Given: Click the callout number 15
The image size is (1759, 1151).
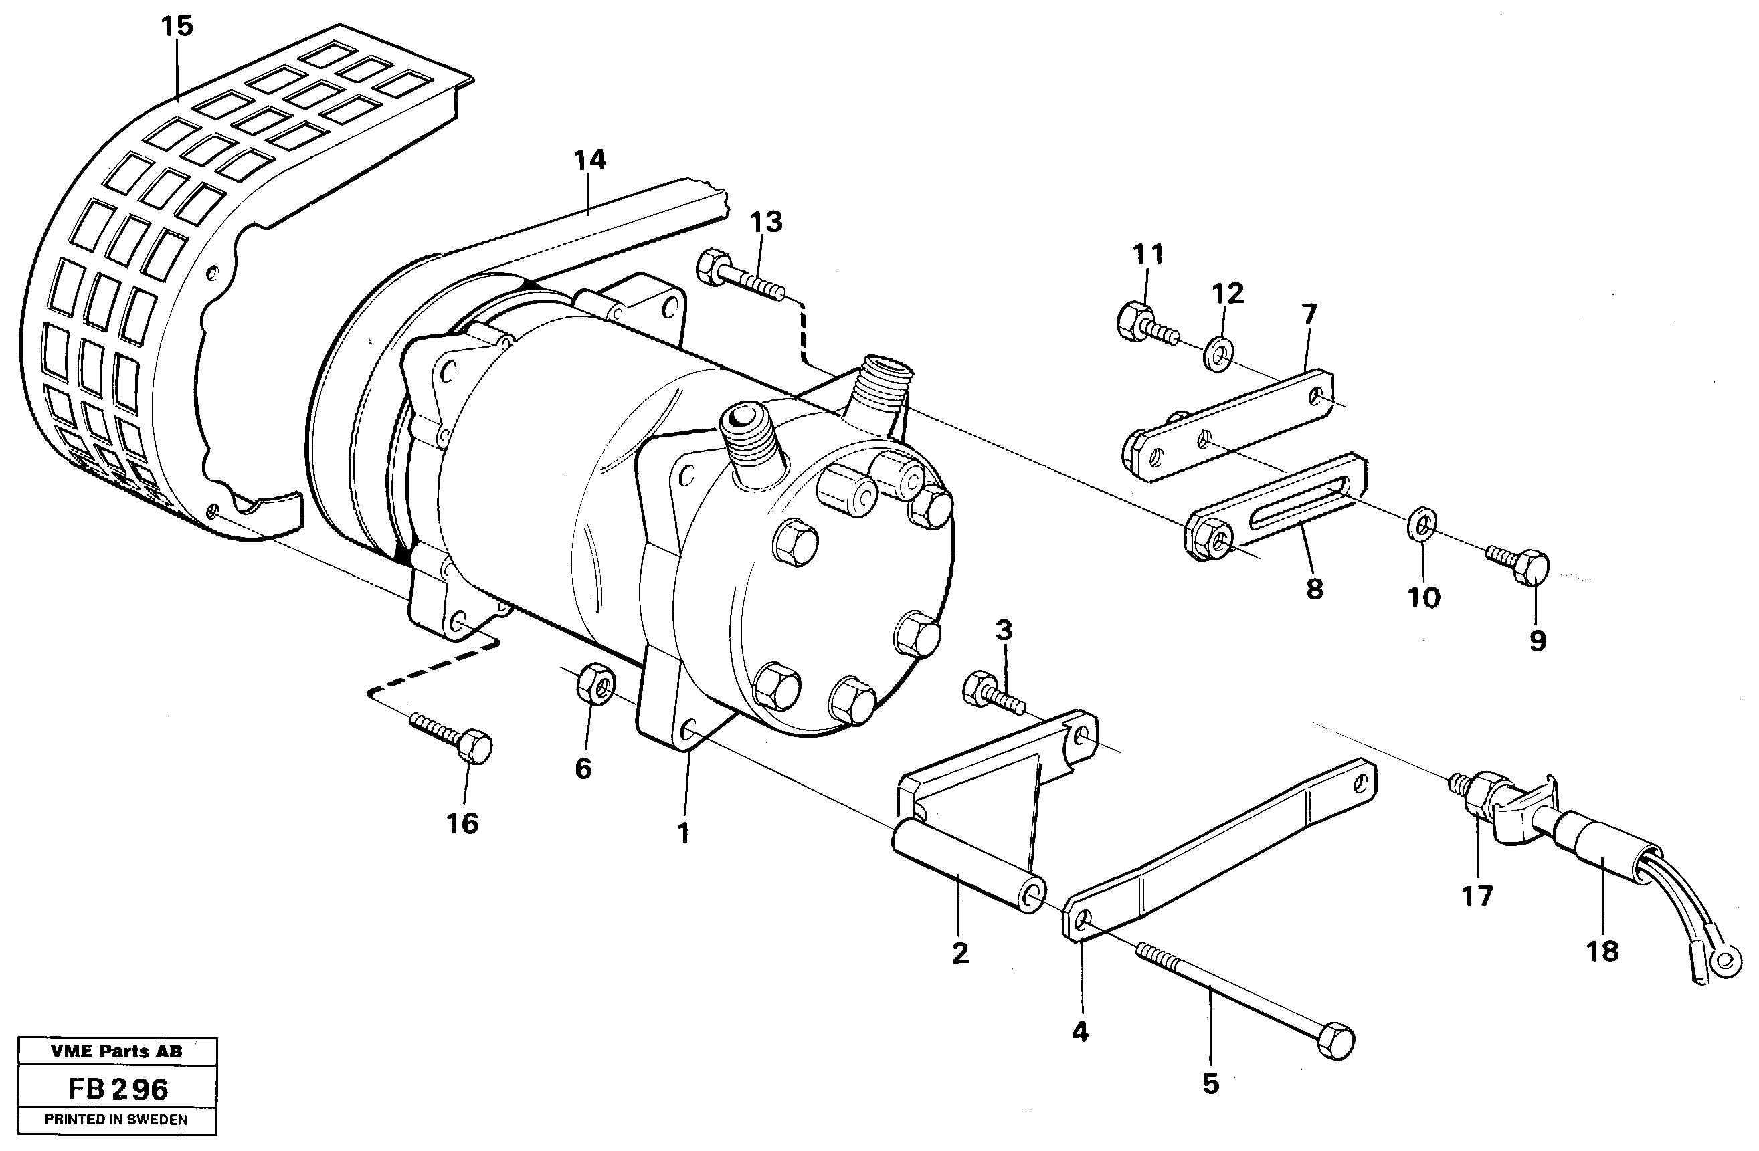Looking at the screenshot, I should (177, 27).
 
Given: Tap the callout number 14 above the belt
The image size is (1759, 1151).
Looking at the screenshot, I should (589, 160).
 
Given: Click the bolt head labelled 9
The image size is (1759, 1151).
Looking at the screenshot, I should (1530, 567).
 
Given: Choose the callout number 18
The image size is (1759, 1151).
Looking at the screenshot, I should (1602, 952).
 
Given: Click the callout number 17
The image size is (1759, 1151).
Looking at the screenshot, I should (1477, 896).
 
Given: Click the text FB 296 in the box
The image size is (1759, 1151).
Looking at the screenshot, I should (118, 1089).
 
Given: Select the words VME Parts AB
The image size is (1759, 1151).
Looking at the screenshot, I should (117, 1051).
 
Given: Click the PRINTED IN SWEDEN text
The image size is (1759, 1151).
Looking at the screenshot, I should (117, 1120).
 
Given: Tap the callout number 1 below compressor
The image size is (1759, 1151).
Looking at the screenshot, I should (684, 834).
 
